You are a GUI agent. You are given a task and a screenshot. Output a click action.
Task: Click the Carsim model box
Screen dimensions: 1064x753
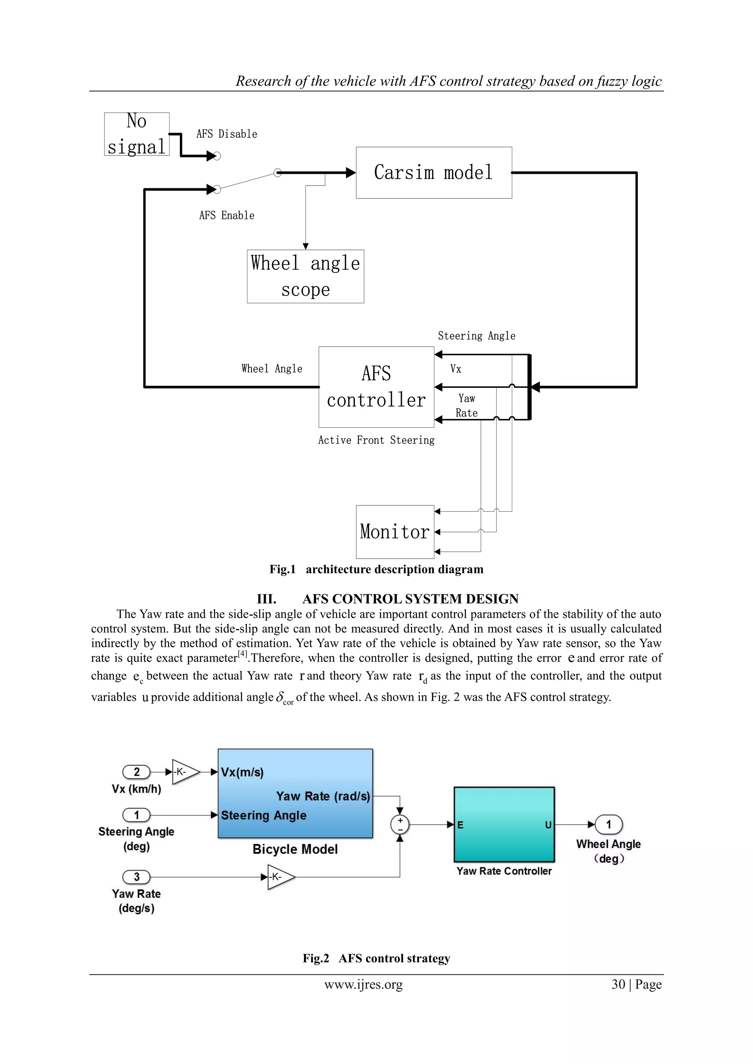pyautogui.click(x=433, y=172)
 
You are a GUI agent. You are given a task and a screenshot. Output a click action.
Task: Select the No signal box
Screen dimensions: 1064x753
pyautogui.click(x=136, y=134)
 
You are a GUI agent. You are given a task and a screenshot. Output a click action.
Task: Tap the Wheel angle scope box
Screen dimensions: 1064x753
pyautogui.click(x=305, y=276)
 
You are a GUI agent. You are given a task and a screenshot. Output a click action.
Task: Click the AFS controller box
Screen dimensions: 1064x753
pyautogui.click(x=376, y=387)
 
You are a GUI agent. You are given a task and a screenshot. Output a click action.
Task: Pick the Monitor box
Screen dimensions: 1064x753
pyautogui.click(x=395, y=531)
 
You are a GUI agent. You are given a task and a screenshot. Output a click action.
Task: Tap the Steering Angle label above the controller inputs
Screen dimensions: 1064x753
pyautogui.click(x=476, y=336)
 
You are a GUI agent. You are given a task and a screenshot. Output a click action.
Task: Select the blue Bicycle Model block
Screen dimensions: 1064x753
pyautogui.click(x=295, y=793)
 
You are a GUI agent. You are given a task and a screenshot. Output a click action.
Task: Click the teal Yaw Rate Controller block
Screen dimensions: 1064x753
pyautogui.click(x=504, y=824)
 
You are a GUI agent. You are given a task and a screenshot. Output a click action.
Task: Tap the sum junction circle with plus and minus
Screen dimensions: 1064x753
pyautogui.click(x=400, y=824)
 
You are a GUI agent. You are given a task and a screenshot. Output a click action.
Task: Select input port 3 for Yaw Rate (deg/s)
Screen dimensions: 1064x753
pyautogui.click(x=136, y=877)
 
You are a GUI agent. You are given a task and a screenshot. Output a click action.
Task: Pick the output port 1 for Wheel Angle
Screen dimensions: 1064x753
pyautogui.click(x=609, y=824)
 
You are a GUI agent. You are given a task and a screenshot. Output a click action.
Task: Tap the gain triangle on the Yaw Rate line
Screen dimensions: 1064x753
pyautogui.click(x=279, y=877)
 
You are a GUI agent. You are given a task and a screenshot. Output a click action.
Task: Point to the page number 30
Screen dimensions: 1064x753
pyautogui.click(x=618, y=985)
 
